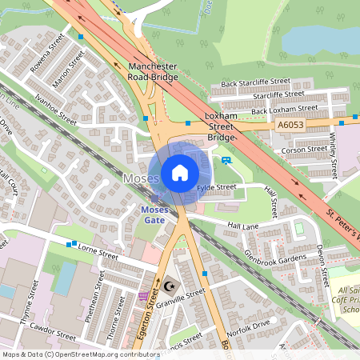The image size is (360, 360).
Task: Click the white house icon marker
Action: click(180, 173)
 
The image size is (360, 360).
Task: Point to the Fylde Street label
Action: click(217, 187)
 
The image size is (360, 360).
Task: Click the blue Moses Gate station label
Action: click(154, 214)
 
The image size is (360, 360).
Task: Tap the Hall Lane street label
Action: click(245, 227)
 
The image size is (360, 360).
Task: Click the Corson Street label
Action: click(298, 150)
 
